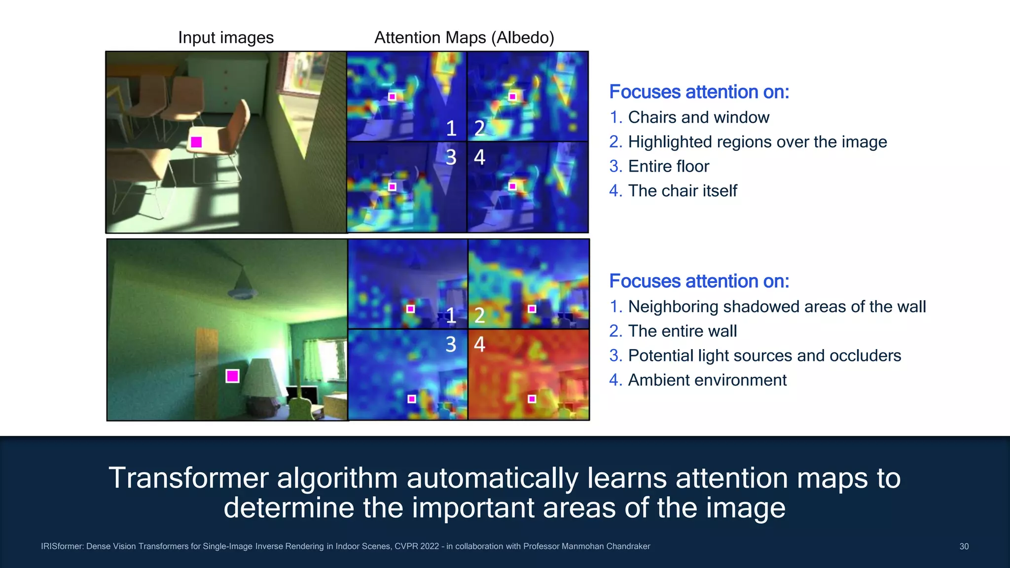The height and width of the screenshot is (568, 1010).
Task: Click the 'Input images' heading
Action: pos(226,38)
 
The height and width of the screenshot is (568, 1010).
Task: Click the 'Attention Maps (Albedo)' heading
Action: pos(464,38)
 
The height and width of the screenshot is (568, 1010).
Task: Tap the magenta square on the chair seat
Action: pos(196,142)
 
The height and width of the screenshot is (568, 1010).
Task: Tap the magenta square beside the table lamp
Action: pos(232,376)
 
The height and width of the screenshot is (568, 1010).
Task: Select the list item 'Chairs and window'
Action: pos(698,117)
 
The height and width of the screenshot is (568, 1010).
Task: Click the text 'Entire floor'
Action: pos(668,166)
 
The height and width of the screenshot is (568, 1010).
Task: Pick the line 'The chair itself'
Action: pos(682,191)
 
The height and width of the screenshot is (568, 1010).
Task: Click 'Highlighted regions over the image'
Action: pos(757,142)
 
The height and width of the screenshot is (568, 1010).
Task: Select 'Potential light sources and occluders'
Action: pos(764,355)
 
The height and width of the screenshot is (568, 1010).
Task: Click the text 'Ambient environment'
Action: pos(707,380)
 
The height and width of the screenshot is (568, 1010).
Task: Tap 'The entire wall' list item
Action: pos(682,331)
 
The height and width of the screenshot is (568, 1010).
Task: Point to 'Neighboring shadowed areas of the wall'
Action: pos(777,307)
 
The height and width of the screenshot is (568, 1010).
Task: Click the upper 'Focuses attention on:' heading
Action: pos(699,92)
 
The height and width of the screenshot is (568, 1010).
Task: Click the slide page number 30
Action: pos(964,546)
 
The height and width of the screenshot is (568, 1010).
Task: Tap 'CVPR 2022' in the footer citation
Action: pos(416,546)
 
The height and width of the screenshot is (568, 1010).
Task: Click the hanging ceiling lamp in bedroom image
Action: pos(242,286)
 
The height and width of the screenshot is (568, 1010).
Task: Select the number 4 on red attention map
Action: pos(479,344)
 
